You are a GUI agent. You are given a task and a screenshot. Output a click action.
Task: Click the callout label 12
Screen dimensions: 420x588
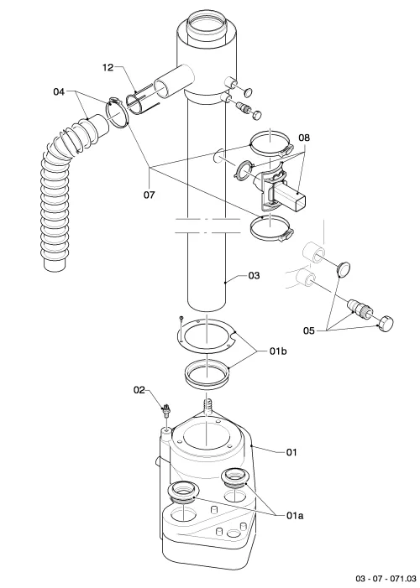coord(108,67)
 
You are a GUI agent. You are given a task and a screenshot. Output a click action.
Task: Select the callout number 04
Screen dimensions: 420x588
coord(59,92)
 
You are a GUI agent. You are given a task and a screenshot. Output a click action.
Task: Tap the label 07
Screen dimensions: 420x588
coord(150,195)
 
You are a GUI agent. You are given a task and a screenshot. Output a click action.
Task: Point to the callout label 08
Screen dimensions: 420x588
coord(304,138)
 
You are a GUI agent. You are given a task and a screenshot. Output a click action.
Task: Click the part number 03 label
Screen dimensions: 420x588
coord(254,276)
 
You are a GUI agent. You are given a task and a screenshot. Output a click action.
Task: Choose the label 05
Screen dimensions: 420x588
coord(309,330)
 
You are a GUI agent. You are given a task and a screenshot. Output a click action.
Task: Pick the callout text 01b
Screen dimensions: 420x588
coord(278,351)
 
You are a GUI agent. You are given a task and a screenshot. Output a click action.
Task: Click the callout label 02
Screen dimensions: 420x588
coord(139,390)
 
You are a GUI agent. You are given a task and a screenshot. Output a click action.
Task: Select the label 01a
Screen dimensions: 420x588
coord(295,516)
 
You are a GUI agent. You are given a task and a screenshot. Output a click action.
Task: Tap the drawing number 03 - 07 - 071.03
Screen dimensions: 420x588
coord(386,578)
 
